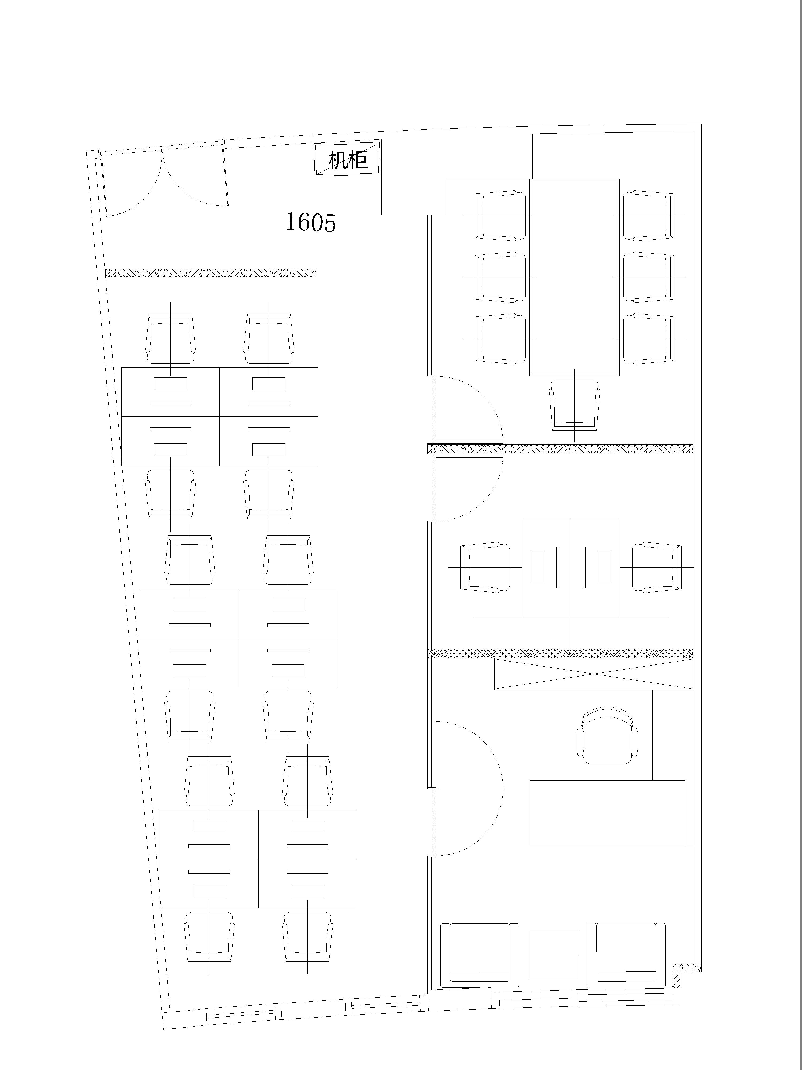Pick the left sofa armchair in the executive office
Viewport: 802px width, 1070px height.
[x=480, y=955]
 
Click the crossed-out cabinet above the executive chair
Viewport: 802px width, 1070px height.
[x=594, y=674]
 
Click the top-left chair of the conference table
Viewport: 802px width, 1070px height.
[x=500, y=215]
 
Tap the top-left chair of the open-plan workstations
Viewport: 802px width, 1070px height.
[x=171, y=339]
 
